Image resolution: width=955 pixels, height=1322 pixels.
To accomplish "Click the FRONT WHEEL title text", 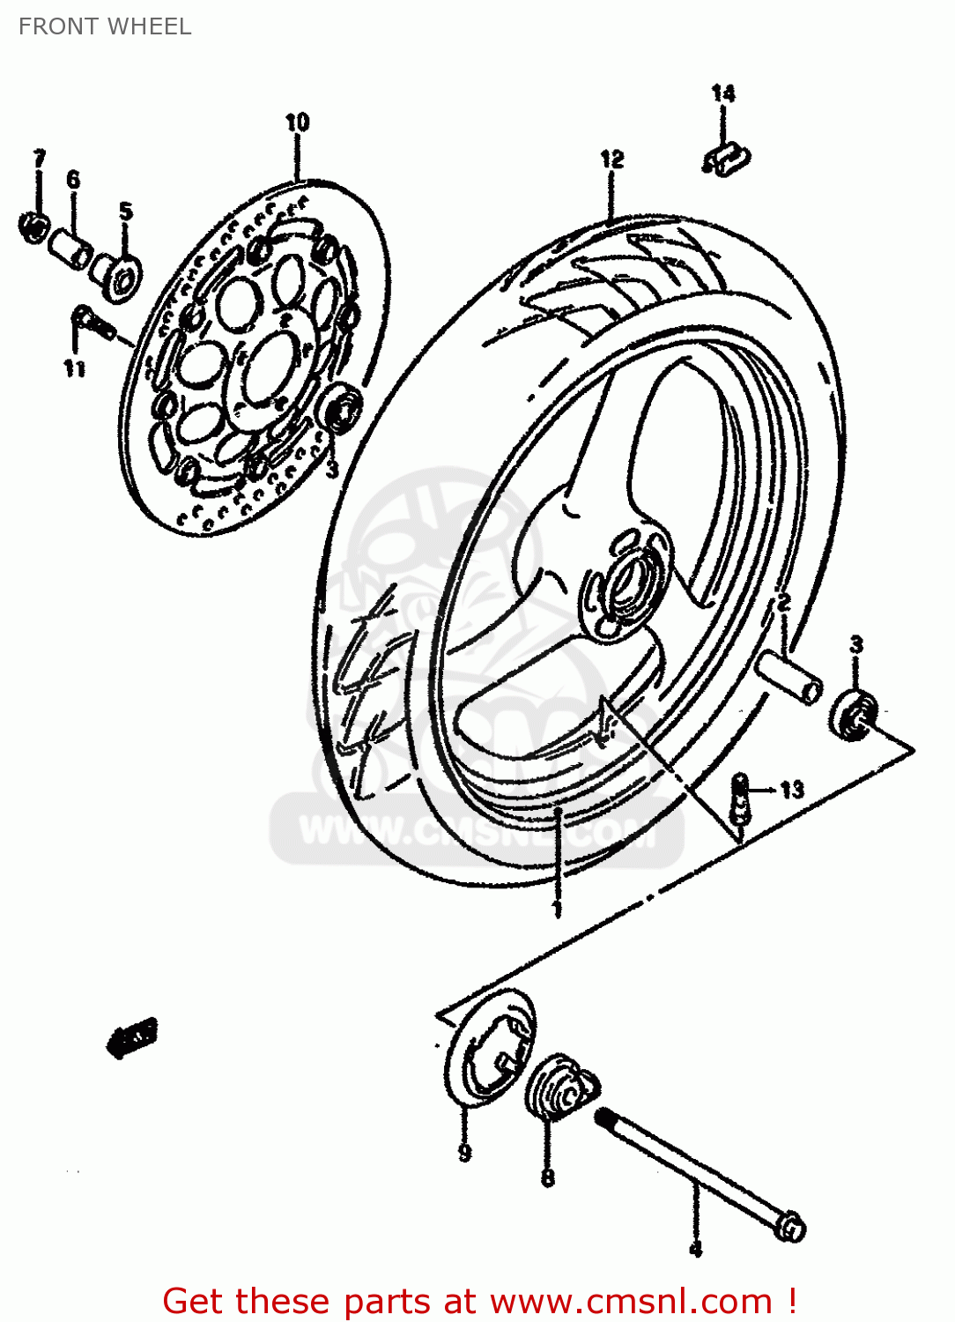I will click(105, 26).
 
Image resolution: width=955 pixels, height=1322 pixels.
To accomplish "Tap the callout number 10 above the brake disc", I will click(297, 123).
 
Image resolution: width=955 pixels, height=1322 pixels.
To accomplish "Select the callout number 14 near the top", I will click(722, 93).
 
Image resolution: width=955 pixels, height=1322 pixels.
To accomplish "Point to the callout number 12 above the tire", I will click(611, 160).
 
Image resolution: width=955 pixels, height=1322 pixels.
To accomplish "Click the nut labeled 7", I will click(33, 227).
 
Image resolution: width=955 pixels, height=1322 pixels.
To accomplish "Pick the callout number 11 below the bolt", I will click(74, 368).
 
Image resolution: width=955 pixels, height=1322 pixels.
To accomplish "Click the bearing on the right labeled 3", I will click(853, 715).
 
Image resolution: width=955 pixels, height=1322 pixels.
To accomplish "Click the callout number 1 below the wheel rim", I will click(556, 908).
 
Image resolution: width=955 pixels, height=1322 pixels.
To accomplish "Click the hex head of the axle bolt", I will click(792, 1227).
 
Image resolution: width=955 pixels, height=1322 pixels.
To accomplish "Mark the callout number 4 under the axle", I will click(695, 1249).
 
